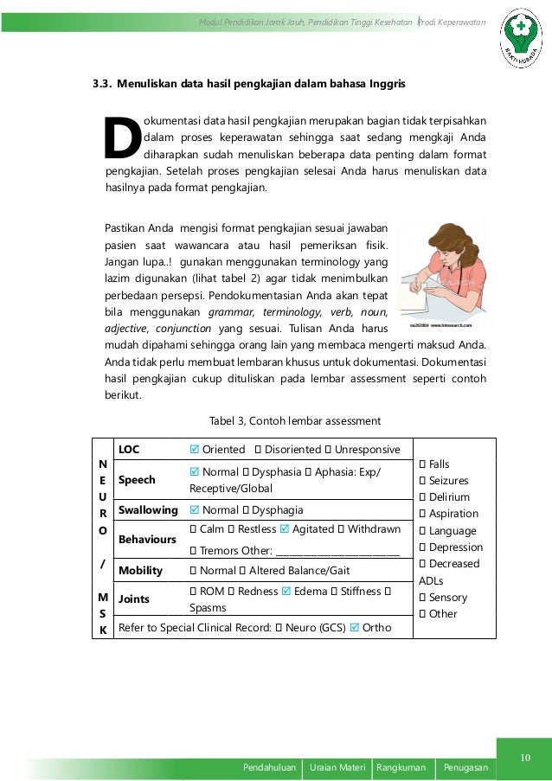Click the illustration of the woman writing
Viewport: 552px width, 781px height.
pyautogui.click(x=441, y=276)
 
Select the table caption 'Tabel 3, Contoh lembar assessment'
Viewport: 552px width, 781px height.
pyautogui.click(x=295, y=421)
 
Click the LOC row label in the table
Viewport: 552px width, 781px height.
pyautogui.click(x=129, y=450)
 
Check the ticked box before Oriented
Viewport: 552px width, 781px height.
pyautogui.click(x=194, y=450)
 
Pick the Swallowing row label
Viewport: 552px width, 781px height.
pyautogui.click(x=148, y=510)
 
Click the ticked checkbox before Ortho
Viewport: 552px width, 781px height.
pyautogui.click(x=353, y=627)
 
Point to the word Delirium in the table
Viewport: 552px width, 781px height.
pyautogui.click(x=449, y=497)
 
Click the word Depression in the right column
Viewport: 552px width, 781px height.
pyautogui.click(x=455, y=547)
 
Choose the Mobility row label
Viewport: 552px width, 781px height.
pyautogui.click(x=140, y=571)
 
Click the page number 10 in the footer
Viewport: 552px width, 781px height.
pyautogui.click(x=523, y=759)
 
